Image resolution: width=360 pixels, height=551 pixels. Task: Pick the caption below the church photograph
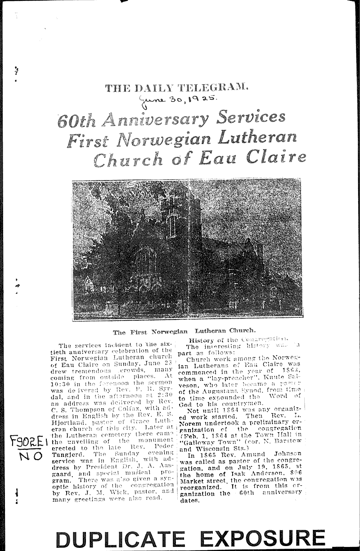point(184,332)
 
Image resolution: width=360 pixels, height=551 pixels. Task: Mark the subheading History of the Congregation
point(238,340)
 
